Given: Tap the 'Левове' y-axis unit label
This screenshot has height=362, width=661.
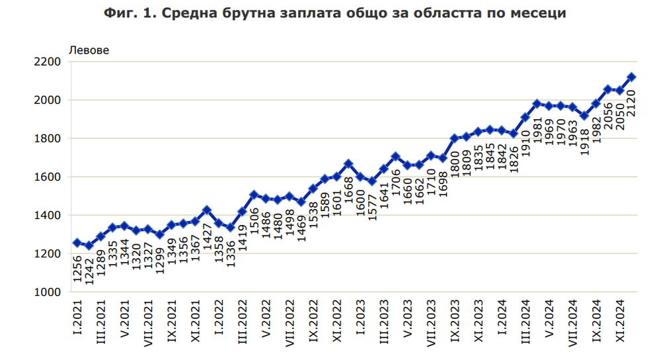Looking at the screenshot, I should click(90, 50).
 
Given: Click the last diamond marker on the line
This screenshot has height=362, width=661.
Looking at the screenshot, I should click(631, 77).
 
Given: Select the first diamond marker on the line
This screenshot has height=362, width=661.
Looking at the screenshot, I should click(77, 243).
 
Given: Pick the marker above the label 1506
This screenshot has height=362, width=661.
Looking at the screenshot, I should click(254, 195).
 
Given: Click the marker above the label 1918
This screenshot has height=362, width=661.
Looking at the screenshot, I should click(584, 116).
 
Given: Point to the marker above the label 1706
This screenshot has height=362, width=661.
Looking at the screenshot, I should click(396, 157).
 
